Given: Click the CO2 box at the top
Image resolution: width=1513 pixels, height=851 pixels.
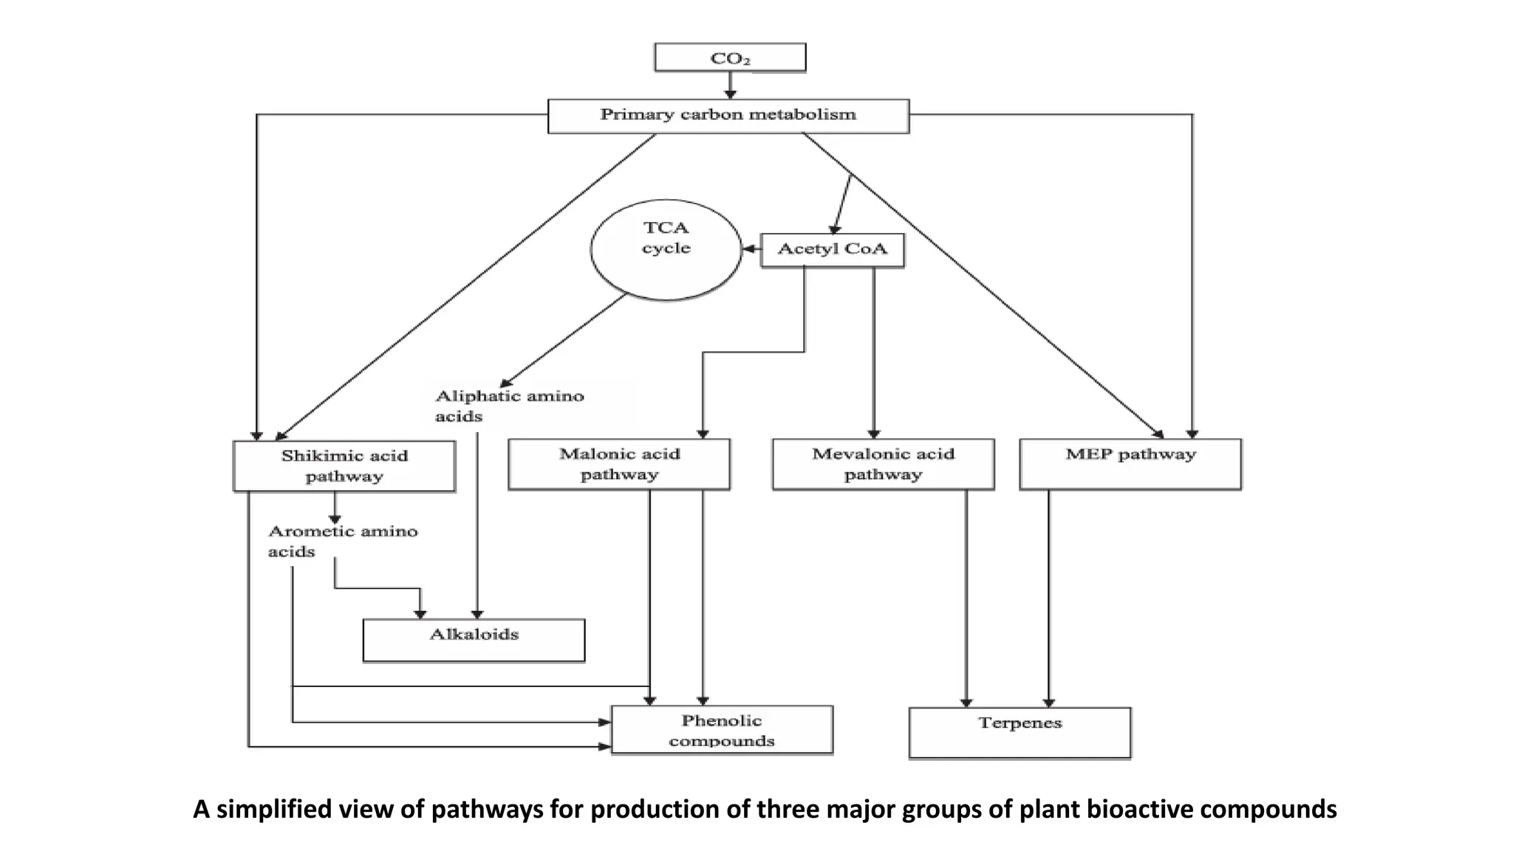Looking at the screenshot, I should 730,58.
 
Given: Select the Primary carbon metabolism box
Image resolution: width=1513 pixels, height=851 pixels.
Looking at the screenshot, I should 728,115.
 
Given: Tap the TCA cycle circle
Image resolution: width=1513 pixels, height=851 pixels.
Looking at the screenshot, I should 666,249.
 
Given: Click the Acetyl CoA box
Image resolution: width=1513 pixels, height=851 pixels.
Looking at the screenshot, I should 832,250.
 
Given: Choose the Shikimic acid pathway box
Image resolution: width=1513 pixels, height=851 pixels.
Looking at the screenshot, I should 344,465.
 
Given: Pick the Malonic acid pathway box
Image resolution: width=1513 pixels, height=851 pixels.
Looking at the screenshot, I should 619,464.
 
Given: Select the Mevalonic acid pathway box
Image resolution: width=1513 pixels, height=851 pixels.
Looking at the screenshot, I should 883,464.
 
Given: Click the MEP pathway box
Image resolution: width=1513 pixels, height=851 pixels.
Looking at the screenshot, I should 1130,464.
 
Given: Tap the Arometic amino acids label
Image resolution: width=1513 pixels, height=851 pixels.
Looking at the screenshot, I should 342,541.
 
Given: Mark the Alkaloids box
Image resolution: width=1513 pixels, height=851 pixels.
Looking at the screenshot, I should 474,640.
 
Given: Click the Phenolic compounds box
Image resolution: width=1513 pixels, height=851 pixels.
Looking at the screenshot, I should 722,730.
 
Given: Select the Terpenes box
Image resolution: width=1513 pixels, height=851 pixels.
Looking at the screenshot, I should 1020,731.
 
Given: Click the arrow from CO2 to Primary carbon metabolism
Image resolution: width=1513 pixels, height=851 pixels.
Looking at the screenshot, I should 730,85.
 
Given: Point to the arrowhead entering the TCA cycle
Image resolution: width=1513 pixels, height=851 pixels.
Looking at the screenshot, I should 750,250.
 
